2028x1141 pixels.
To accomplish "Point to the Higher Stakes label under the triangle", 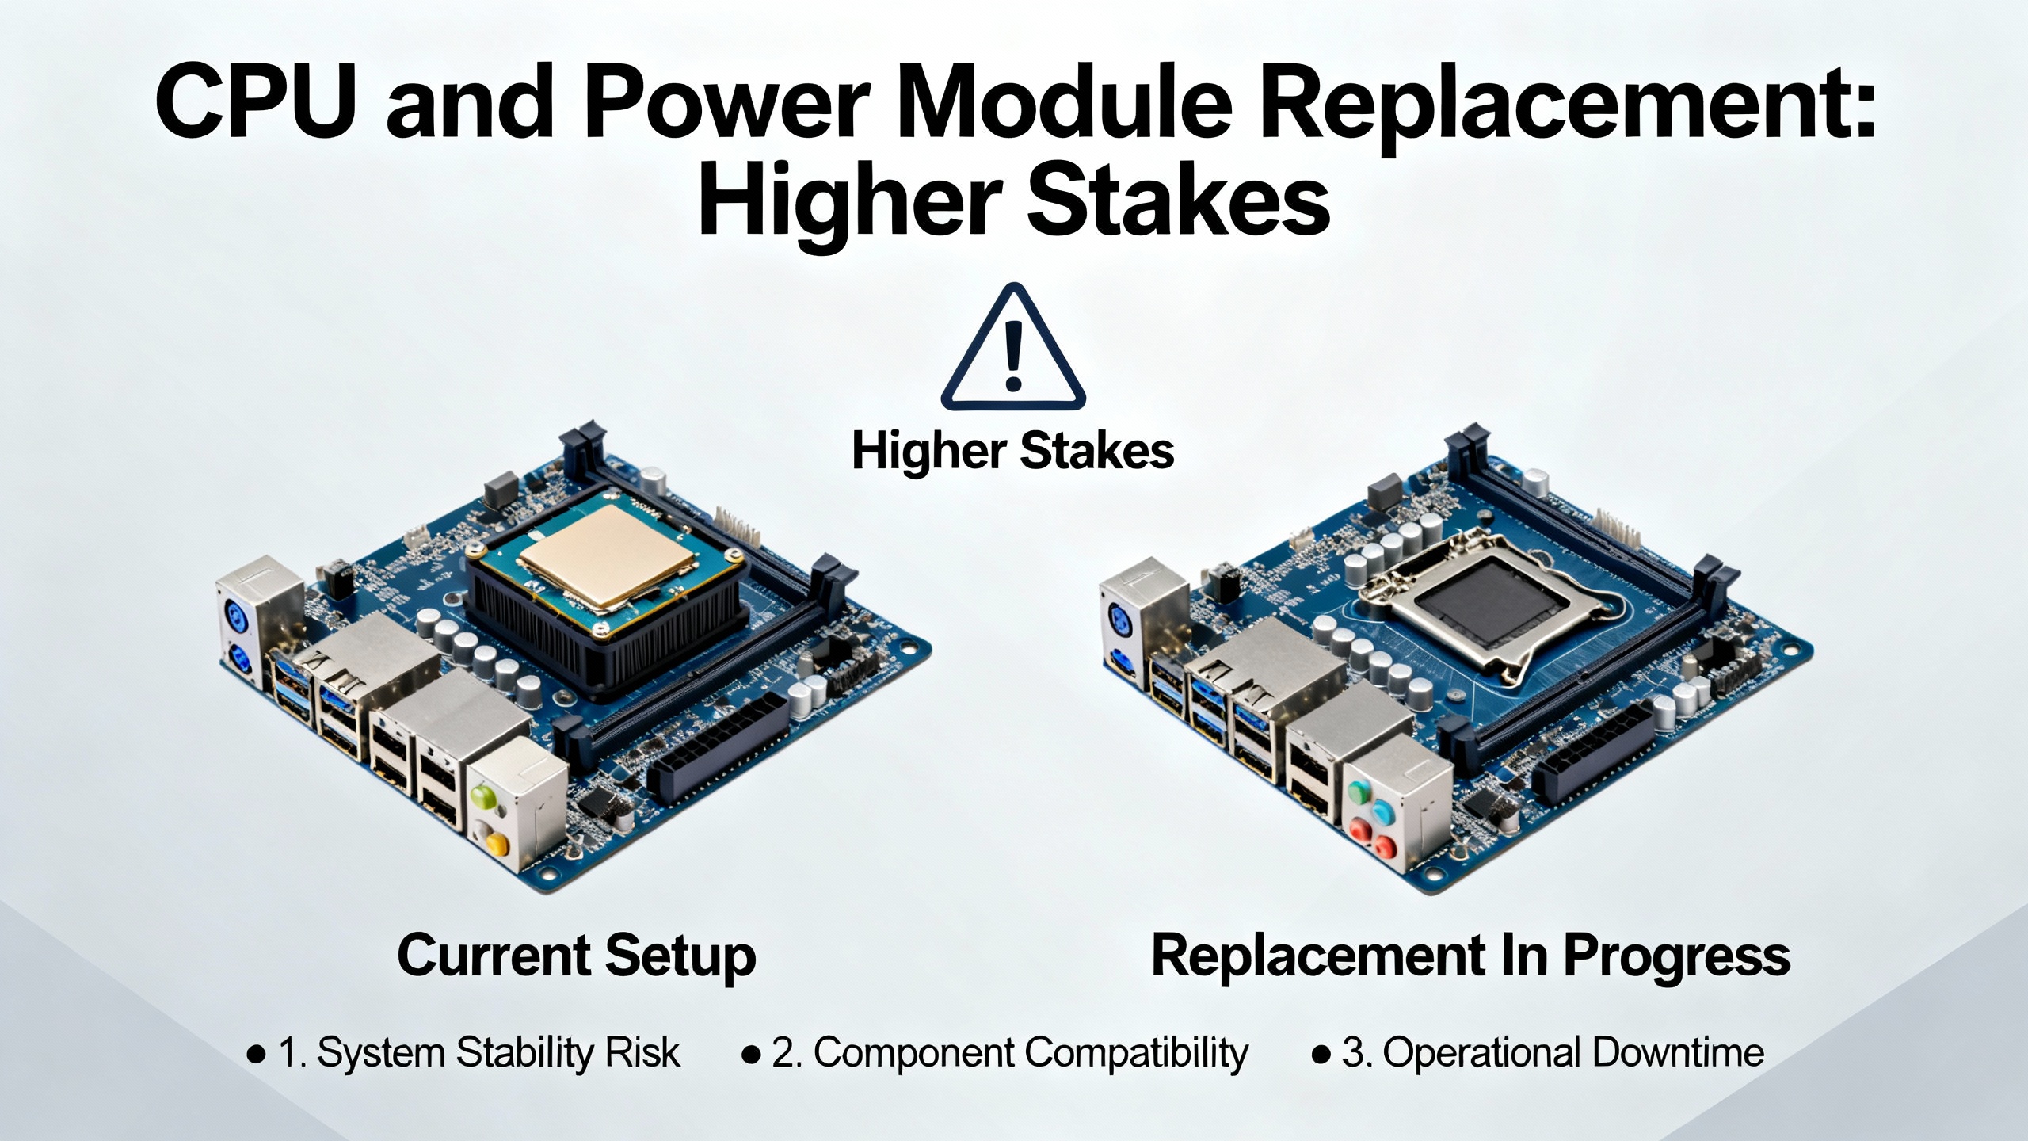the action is point(1012,452).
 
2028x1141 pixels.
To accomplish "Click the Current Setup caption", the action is point(577,957).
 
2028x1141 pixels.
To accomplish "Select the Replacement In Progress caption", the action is point(1471,957).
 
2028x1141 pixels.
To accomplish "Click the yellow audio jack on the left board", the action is point(496,840).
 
